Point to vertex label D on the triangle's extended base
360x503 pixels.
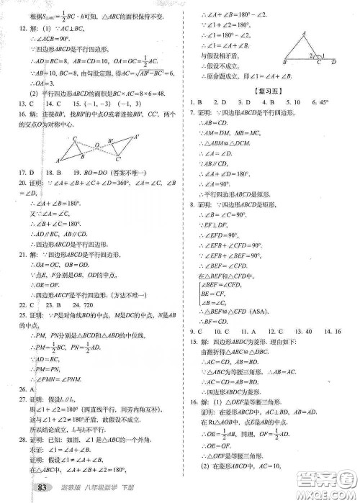[x=340, y=63]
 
